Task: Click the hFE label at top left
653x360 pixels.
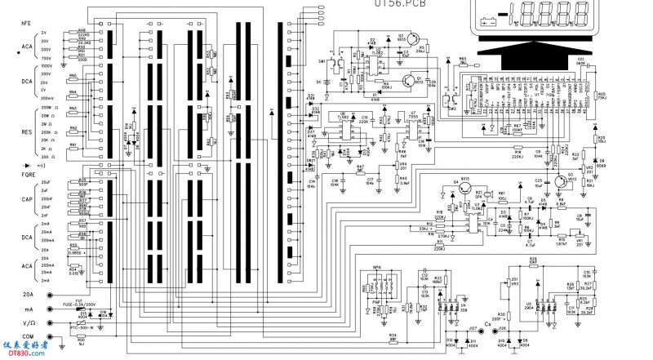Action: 26,24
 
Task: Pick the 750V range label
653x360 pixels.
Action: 46,58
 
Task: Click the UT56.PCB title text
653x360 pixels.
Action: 400,4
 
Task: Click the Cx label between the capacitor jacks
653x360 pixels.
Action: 488,324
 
